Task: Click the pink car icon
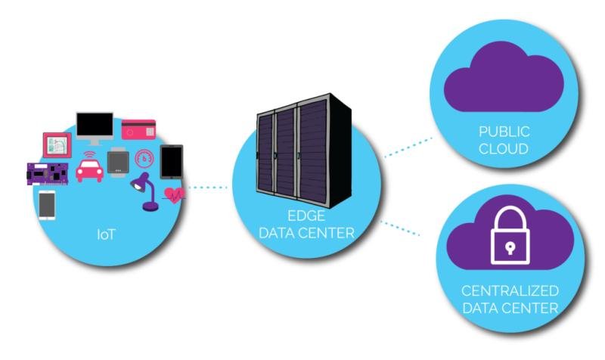[x=90, y=171]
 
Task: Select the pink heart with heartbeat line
[x=175, y=194]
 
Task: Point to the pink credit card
[x=138, y=129]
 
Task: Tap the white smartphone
[x=47, y=203]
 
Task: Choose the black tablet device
[x=171, y=161]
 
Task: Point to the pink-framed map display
[x=57, y=144]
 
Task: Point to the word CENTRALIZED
[x=510, y=291]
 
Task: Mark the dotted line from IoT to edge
[x=207, y=187]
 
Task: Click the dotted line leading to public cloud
[x=406, y=147]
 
